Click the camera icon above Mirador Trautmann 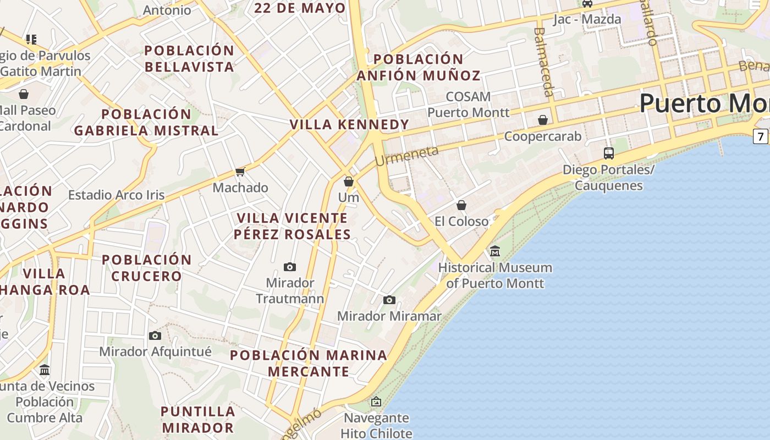point(290,267)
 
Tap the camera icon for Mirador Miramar point(389,300)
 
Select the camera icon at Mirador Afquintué point(155,335)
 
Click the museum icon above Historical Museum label point(495,251)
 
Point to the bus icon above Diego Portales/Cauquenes point(609,153)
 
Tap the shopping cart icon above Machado point(240,172)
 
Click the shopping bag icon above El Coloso point(461,205)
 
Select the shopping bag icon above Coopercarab point(543,120)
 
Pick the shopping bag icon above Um point(349,181)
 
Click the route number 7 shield point(761,136)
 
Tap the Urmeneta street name point(407,156)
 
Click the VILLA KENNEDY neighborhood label point(349,124)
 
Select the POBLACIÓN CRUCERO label point(146,268)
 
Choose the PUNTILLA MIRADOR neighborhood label point(198,419)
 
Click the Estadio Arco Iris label point(117,195)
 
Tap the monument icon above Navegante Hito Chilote point(376,402)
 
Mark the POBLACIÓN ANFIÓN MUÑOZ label point(419,67)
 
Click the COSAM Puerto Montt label point(469,105)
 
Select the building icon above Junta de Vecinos point(45,370)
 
